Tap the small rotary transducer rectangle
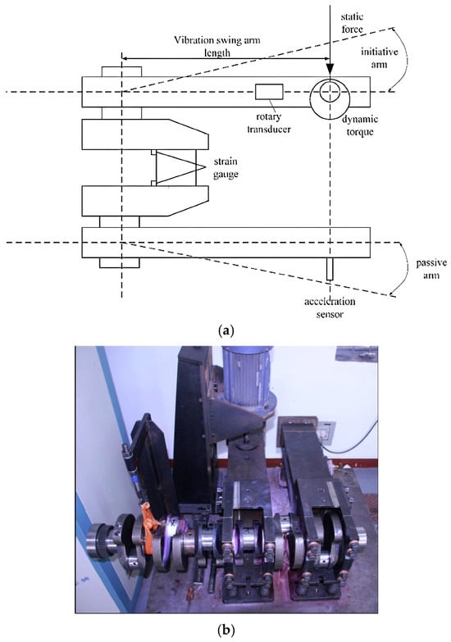tap(269, 92)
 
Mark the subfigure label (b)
tap(225, 629)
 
